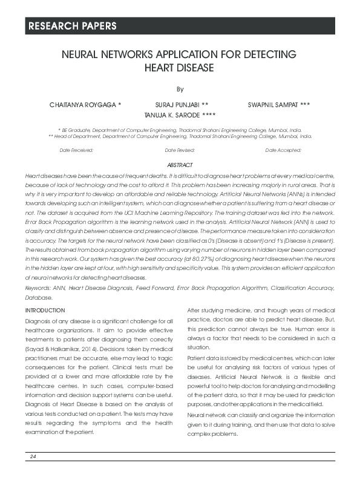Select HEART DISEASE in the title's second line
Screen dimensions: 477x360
(x=179, y=67)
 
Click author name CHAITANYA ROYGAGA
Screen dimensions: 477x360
(x=85, y=104)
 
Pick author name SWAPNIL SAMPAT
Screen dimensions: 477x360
(x=270, y=104)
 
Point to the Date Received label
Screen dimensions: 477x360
(x=76, y=150)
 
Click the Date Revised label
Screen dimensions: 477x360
(x=180, y=150)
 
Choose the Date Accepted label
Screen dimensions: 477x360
(x=283, y=150)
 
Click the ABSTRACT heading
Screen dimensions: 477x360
(x=180, y=165)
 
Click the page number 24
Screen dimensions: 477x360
(x=33, y=456)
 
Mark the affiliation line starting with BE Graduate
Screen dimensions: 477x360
(x=180, y=130)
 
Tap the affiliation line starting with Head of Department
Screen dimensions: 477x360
(x=180, y=137)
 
